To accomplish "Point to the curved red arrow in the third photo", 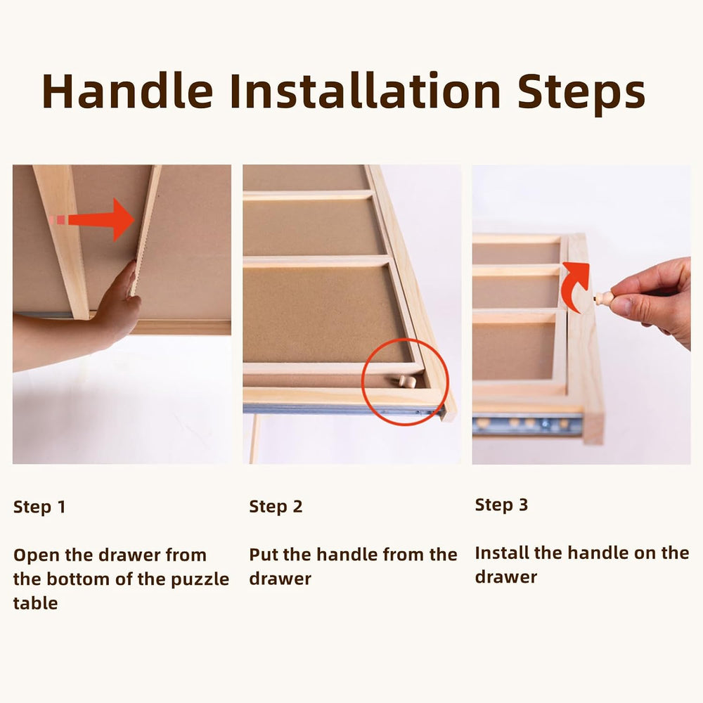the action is pyautogui.click(x=577, y=283).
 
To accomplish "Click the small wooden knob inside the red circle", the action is pyautogui.click(x=406, y=382).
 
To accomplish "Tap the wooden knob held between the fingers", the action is pyautogui.click(x=603, y=297).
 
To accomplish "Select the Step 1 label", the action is pyautogui.click(x=39, y=507).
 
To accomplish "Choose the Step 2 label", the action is pyautogui.click(x=276, y=507).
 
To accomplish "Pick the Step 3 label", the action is pyautogui.click(x=501, y=505).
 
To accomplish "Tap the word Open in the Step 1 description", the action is pyautogui.click(x=37, y=556).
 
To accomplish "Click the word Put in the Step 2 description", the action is pyautogui.click(x=264, y=555).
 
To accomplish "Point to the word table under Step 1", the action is pyautogui.click(x=35, y=603).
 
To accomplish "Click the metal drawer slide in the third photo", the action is pyautogui.click(x=527, y=423).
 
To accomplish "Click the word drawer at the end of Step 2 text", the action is pyautogui.click(x=280, y=579).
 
